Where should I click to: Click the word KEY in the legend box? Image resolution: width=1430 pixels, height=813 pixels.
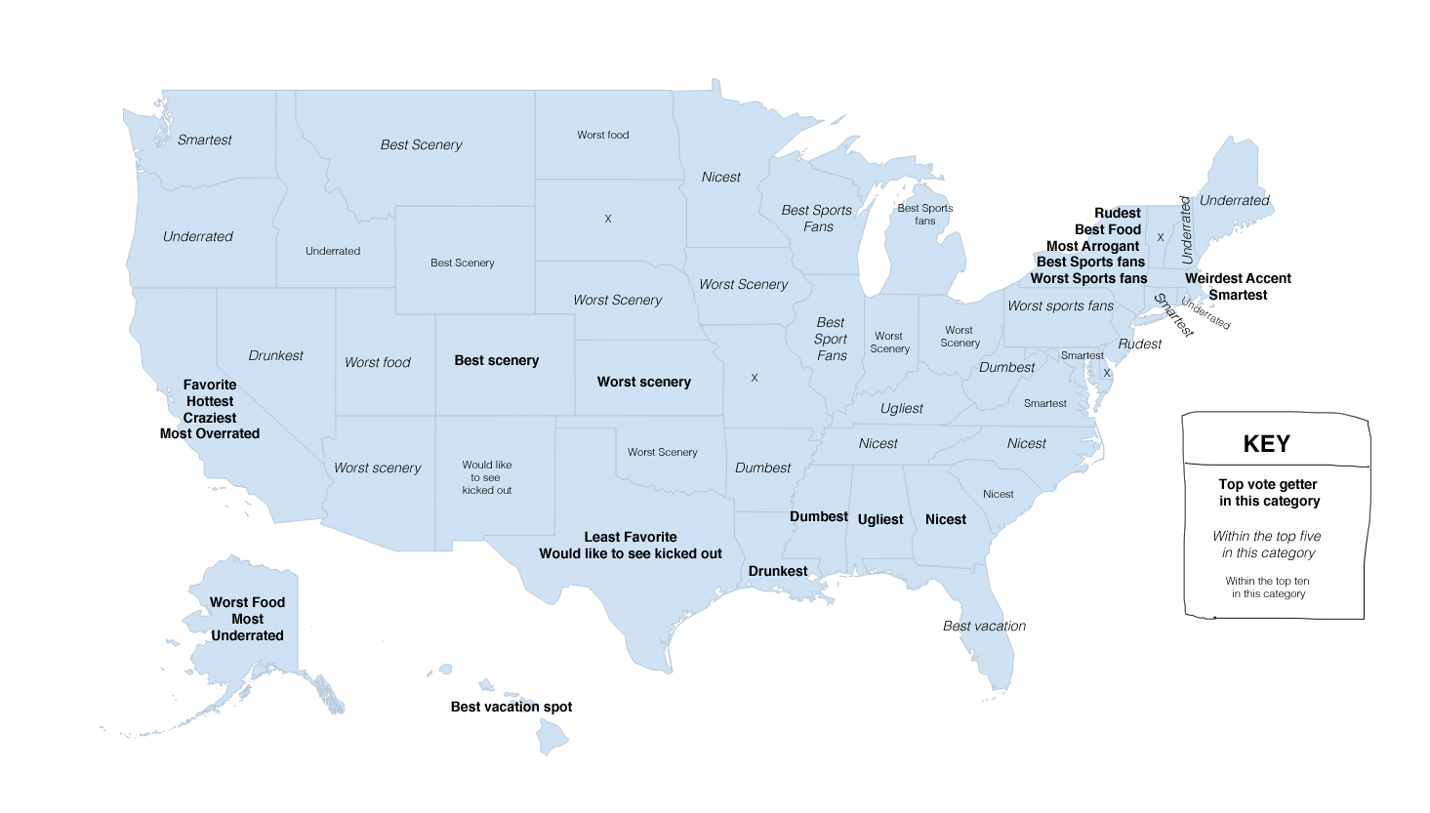click(1266, 444)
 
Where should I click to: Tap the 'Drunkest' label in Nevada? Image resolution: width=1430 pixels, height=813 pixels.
click(275, 355)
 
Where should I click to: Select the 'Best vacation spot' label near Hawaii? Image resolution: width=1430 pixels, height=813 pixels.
click(511, 707)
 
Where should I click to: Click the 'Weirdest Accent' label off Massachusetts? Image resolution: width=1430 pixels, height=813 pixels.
click(1237, 278)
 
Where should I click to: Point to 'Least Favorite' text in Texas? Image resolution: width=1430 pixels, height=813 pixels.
click(630, 537)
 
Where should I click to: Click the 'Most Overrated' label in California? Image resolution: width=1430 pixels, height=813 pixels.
click(210, 433)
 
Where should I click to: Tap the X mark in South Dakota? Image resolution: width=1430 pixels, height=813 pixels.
click(607, 219)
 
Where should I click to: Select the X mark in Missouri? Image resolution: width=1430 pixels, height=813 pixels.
click(754, 378)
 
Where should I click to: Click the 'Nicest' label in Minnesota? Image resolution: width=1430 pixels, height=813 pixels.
click(720, 177)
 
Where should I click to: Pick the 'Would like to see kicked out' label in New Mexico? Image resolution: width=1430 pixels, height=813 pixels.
click(486, 477)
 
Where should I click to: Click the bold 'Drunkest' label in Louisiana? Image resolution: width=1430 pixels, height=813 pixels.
click(777, 571)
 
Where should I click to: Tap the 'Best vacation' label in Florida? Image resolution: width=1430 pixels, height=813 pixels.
click(984, 626)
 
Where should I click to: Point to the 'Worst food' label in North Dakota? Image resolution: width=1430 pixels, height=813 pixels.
click(602, 135)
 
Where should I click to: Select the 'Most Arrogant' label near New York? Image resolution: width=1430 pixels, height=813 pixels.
click(1092, 246)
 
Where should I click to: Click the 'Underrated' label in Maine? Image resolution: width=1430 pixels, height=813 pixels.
click(1234, 200)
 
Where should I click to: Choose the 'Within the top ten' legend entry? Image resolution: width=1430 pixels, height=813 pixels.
click(1267, 587)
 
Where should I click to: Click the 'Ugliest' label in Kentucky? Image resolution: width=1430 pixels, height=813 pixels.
click(901, 408)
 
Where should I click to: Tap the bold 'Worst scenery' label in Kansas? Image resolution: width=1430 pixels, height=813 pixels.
click(643, 382)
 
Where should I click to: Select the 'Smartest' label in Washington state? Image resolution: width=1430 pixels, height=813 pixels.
click(204, 140)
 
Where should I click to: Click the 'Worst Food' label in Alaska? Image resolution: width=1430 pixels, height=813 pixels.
click(247, 602)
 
